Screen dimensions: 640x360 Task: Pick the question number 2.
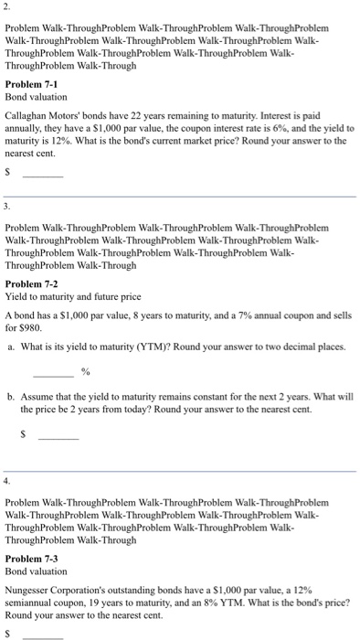pos(7,7)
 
